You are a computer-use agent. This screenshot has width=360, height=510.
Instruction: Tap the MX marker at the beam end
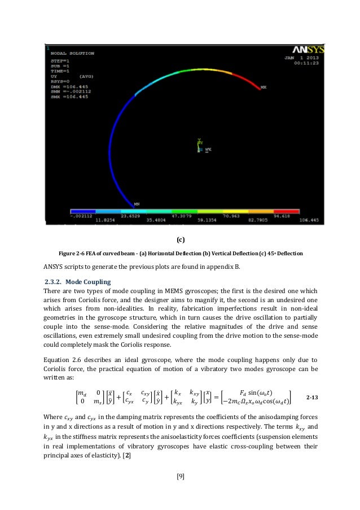click(x=264, y=88)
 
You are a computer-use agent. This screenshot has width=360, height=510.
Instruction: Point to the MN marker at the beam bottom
click(x=136, y=200)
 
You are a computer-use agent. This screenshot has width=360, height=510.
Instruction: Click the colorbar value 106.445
click(x=302, y=220)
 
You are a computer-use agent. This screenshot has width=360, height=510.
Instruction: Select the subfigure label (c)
click(x=180, y=239)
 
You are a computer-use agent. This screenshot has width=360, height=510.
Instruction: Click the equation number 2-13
click(x=312, y=397)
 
